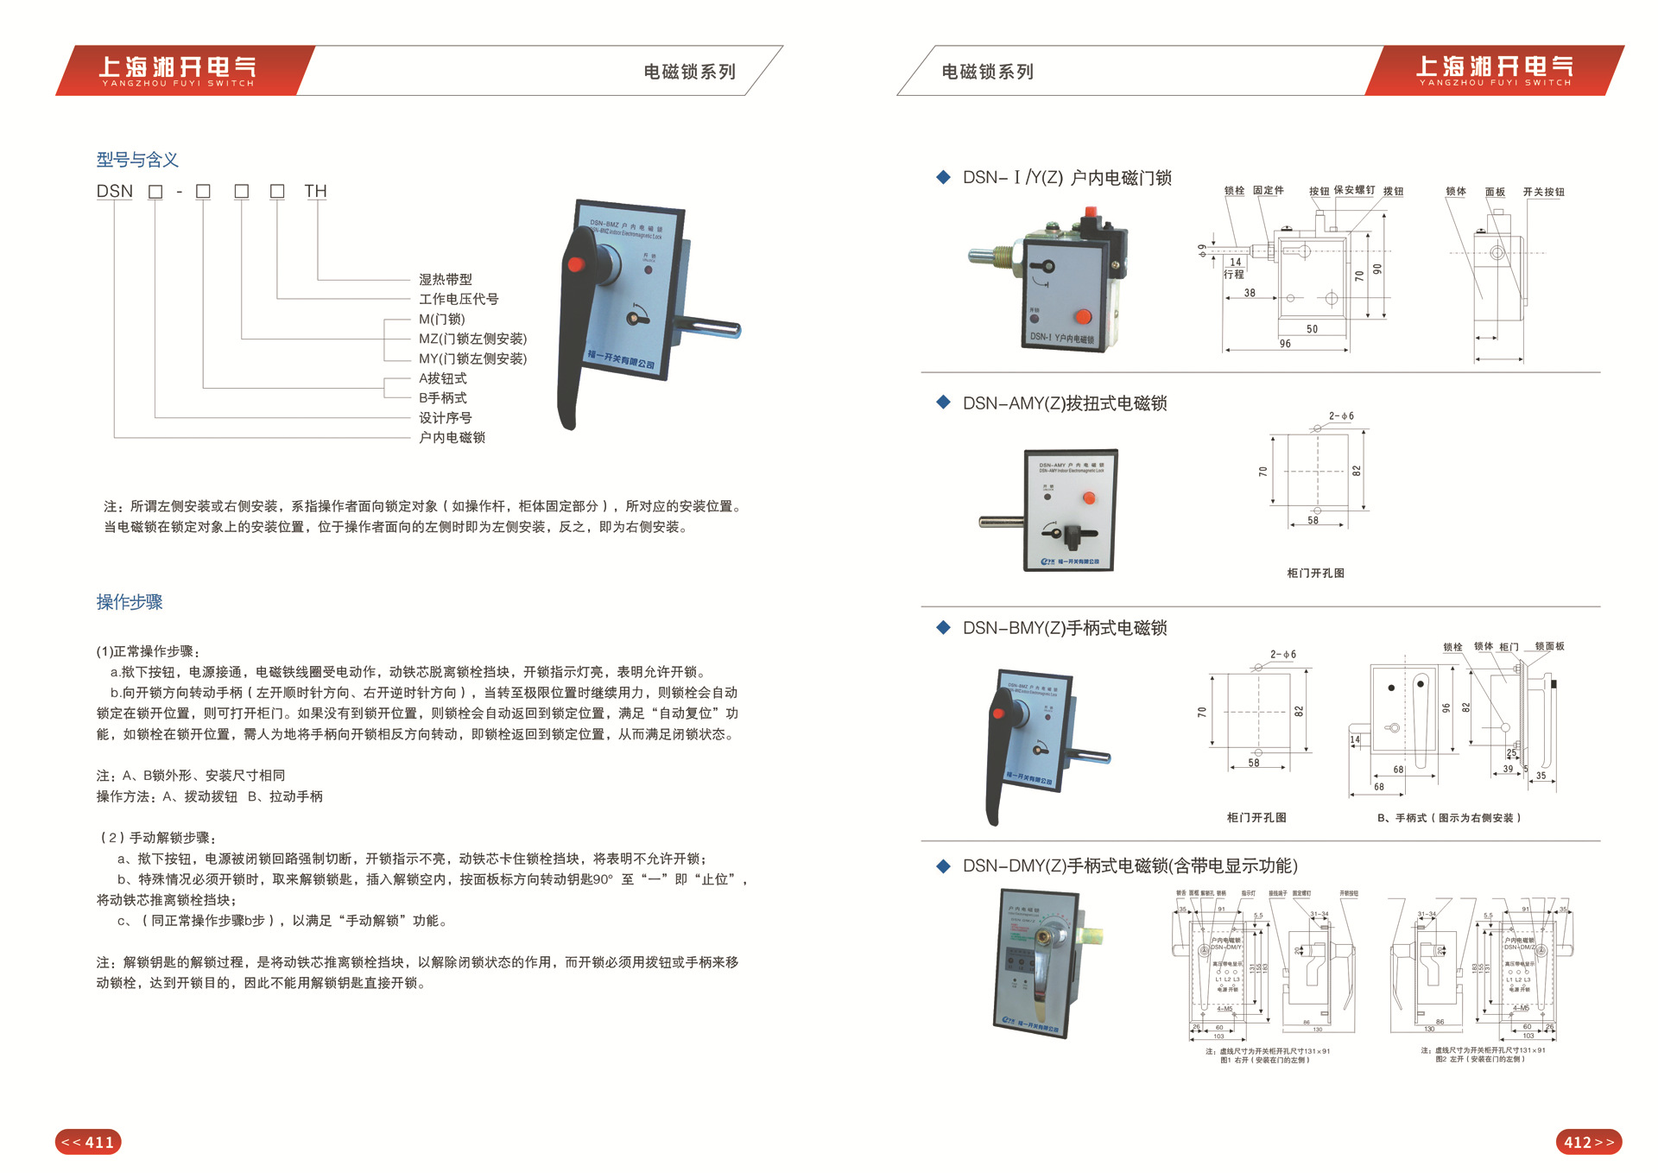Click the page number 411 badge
tap(88, 1142)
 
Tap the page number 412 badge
tap(1588, 1142)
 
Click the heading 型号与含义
tap(137, 160)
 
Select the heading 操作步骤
tap(130, 602)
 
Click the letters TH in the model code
tap(315, 191)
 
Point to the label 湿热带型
tap(446, 279)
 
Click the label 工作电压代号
tap(459, 299)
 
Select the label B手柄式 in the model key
tap(443, 398)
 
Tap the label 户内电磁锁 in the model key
tap(452, 438)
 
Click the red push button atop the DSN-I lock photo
tap(1090, 212)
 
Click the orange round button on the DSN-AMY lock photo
tap(1089, 498)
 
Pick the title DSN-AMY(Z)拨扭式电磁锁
tap(1065, 403)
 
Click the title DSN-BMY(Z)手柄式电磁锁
tap(1065, 628)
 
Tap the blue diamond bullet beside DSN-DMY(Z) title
tap(943, 865)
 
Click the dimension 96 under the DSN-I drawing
tap(1285, 344)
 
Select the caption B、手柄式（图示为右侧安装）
tap(1449, 818)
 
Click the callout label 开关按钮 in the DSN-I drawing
tap(1543, 192)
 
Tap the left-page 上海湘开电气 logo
tap(178, 70)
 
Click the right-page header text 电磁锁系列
tap(987, 72)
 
